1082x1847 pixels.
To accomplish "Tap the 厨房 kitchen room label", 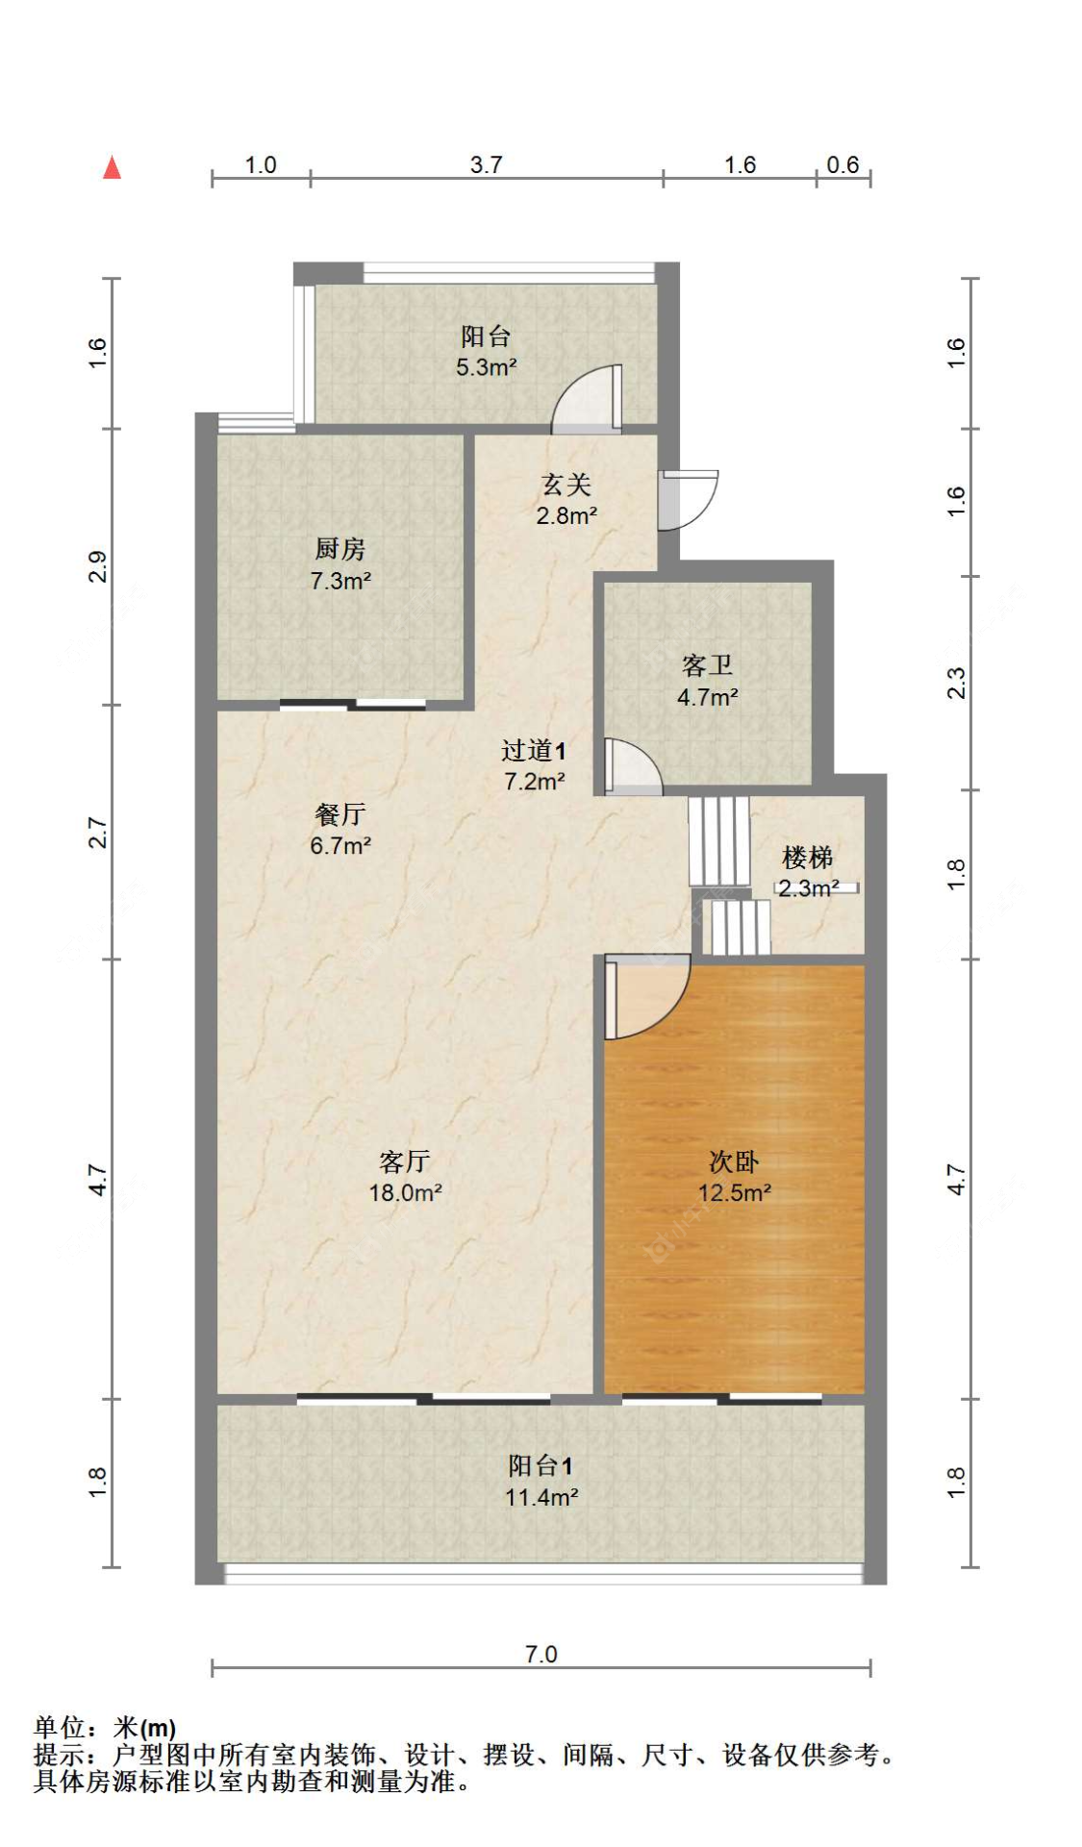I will tap(340, 549).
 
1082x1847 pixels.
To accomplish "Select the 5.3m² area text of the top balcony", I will tap(487, 367).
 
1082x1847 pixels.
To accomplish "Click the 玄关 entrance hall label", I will tap(566, 485).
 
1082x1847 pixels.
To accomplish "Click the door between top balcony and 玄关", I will tap(589, 400).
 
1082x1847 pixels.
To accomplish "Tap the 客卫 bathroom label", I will tap(707, 665).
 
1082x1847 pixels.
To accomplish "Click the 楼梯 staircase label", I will tap(808, 857).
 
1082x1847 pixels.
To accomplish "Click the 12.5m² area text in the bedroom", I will tap(735, 1193).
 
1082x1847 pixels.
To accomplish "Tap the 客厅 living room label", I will tap(405, 1161).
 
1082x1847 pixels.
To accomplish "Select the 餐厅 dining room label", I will tap(340, 814).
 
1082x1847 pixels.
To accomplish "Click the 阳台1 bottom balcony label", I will tap(541, 1465).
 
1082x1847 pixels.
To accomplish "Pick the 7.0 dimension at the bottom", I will tap(541, 1654).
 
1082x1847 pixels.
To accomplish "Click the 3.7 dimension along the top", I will tap(486, 164).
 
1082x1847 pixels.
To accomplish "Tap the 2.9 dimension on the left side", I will tap(97, 566).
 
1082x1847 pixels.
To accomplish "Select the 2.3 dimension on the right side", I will tap(955, 683).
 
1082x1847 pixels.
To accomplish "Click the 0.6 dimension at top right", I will tap(843, 164).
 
